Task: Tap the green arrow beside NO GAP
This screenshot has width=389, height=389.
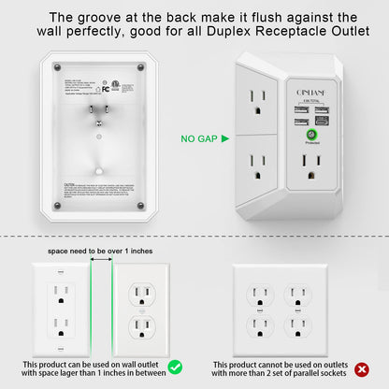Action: tap(224, 139)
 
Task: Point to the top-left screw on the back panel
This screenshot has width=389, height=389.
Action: tap(58, 66)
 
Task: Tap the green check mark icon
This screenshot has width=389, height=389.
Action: tap(174, 366)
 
